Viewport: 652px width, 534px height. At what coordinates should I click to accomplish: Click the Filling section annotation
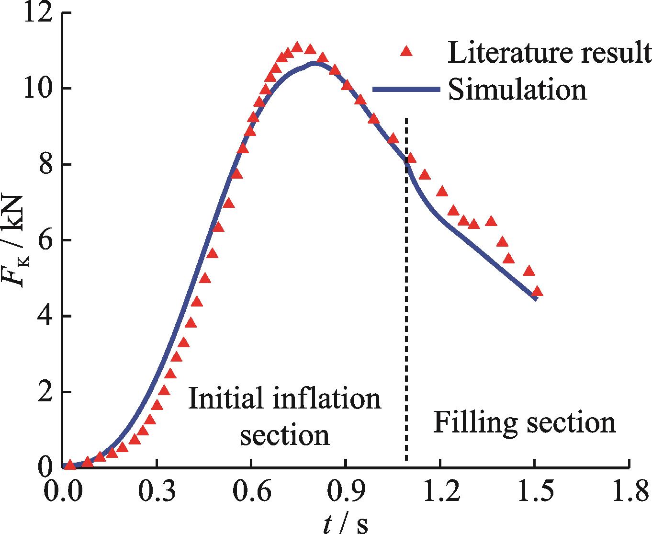[524, 423]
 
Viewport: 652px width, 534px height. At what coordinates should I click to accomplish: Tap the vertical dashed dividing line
[406, 287]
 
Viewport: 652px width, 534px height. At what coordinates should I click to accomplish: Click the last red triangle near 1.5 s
[537, 291]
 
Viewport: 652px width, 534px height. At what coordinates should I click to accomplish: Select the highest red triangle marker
[297, 47]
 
